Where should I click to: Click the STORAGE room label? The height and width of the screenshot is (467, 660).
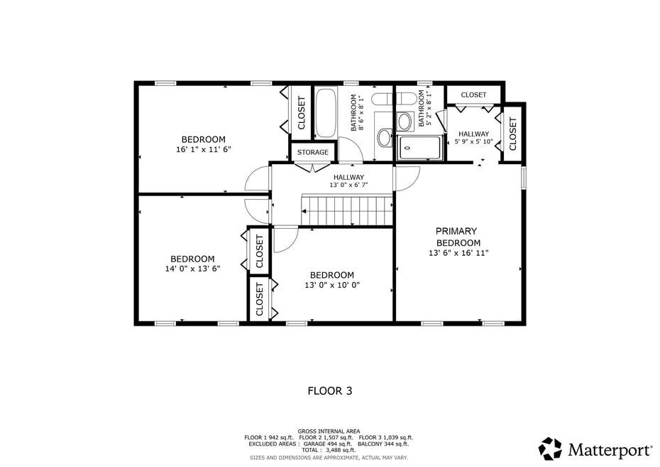pyautogui.click(x=312, y=152)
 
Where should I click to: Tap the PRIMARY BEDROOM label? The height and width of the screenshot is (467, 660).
pyautogui.click(x=456, y=237)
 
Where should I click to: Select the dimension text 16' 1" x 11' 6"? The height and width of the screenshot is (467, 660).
pyautogui.click(x=204, y=149)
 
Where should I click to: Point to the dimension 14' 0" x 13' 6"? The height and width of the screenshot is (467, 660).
pyautogui.click(x=192, y=269)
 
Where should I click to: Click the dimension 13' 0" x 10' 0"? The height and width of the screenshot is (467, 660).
pyautogui.click(x=332, y=285)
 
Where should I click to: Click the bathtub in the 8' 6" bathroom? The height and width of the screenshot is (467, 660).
pyautogui.click(x=326, y=112)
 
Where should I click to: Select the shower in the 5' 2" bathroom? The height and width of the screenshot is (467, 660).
pyautogui.click(x=420, y=148)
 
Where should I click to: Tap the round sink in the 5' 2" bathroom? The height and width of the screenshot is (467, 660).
pyautogui.click(x=405, y=122)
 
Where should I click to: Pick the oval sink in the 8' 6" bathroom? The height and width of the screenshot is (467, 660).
pyautogui.click(x=384, y=137)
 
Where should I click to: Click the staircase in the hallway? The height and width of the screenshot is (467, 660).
pyautogui.click(x=348, y=210)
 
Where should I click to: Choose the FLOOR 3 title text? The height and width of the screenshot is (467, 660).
pyautogui.click(x=329, y=390)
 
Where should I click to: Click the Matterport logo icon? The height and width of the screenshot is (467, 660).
pyautogui.click(x=550, y=449)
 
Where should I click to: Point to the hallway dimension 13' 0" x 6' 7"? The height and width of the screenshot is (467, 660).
pyautogui.click(x=348, y=185)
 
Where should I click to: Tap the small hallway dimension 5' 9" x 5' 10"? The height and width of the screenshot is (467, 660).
pyautogui.click(x=473, y=141)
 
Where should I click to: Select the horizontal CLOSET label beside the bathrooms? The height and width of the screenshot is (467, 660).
pyautogui.click(x=473, y=95)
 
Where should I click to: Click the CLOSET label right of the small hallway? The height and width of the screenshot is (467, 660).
pyautogui.click(x=512, y=129)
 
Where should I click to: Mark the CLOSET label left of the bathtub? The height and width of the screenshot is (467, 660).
pyautogui.click(x=301, y=112)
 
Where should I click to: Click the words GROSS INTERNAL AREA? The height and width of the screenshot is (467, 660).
pyautogui.click(x=329, y=431)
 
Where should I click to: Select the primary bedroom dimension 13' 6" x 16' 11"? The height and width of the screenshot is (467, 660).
pyautogui.click(x=458, y=252)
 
